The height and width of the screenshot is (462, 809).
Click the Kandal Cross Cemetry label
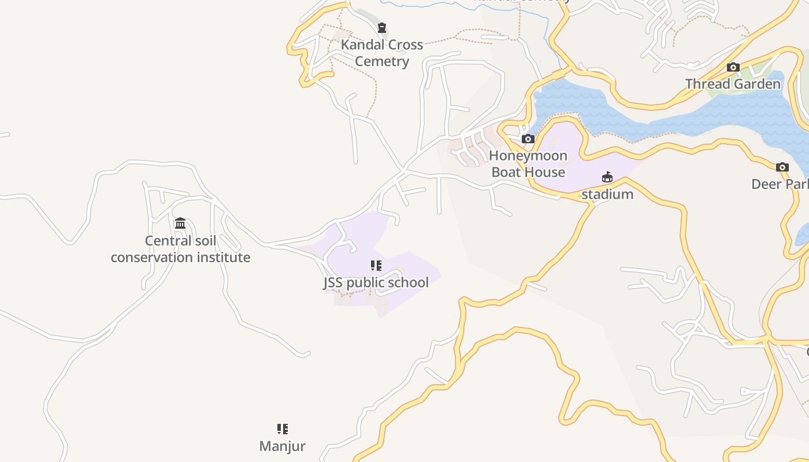click(x=382, y=53)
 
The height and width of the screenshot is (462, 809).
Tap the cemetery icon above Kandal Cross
click(x=382, y=28)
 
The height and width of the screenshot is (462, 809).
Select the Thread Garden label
click(x=733, y=84)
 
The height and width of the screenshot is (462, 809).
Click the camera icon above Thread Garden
click(x=733, y=68)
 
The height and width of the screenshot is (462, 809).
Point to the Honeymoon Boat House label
click(x=528, y=164)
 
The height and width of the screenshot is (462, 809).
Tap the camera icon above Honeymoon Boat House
click(x=528, y=139)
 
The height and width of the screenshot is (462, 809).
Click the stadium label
click(x=607, y=195)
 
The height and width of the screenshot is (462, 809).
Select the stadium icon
click(x=607, y=177)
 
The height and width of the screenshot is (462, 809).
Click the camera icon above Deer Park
click(x=782, y=167)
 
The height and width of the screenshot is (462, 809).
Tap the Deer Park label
click(x=780, y=184)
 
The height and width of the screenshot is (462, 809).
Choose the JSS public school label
click(x=376, y=282)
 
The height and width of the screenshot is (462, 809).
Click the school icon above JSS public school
click(x=376, y=266)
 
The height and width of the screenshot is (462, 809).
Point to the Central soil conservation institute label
click(x=180, y=249)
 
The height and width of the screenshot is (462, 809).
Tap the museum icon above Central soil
click(x=180, y=223)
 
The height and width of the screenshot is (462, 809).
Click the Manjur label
click(x=282, y=446)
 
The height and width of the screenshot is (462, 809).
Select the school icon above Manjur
click(x=283, y=429)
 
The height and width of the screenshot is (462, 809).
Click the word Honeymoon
click(x=528, y=156)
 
